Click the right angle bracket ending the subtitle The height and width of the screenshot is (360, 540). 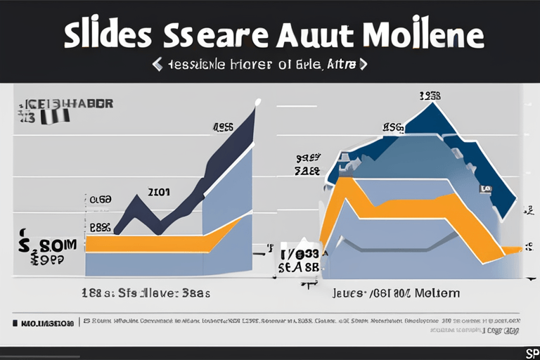[363, 65]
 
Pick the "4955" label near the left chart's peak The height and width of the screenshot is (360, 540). [224, 128]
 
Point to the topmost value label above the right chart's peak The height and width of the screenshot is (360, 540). [430, 96]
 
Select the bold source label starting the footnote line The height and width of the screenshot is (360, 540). [46, 323]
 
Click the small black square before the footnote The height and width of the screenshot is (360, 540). [14, 323]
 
